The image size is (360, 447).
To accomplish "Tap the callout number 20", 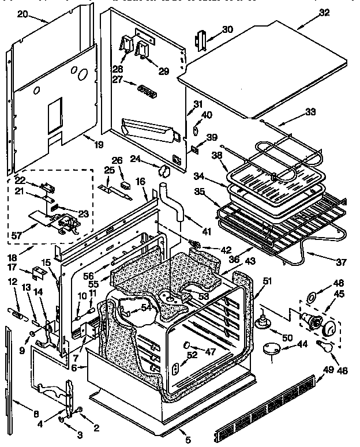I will (x=22, y=13).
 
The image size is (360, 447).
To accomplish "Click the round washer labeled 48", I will (x=309, y=298).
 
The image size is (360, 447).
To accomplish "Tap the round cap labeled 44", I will (x=270, y=348).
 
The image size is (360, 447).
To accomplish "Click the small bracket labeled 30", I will (x=202, y=40).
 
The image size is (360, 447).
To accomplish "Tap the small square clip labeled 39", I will (x=194, y=149).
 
